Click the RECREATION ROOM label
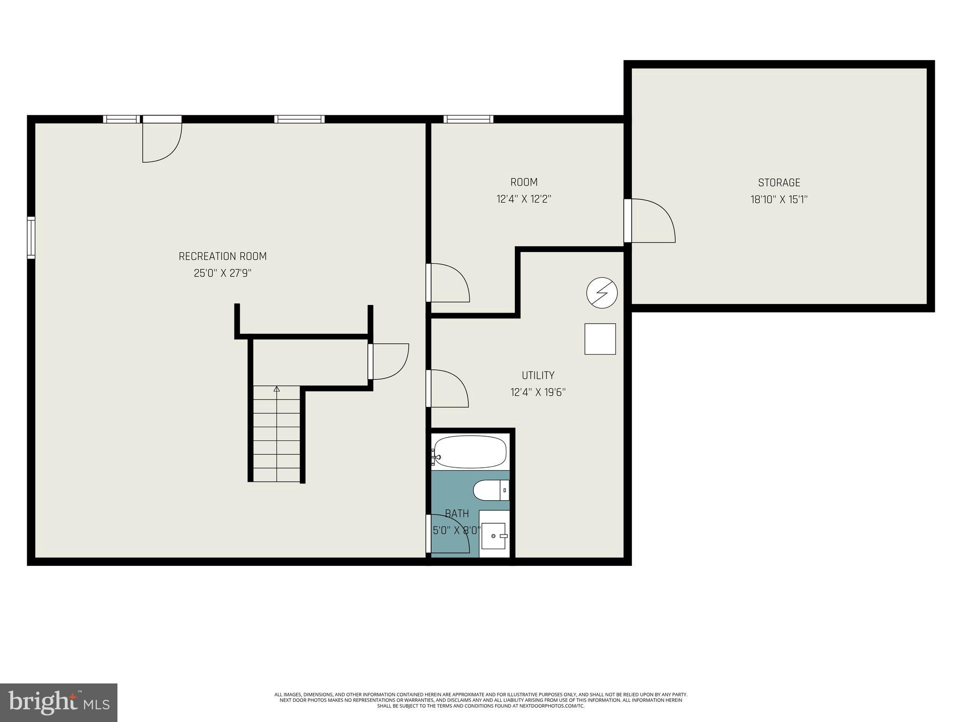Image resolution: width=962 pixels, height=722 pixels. [223, 256]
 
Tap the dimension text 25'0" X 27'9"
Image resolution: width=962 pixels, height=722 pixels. [223, 273]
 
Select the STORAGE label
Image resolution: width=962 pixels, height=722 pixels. [779, 182]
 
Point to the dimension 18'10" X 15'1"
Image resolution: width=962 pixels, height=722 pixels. [779, 199]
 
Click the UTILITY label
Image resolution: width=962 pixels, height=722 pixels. [538, 375]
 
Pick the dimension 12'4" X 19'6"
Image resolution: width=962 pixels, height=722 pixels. [538, 392]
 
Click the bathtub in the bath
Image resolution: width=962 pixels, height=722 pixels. [470, 452]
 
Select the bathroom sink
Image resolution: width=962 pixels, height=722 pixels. [494, 536]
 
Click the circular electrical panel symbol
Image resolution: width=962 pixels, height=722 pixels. [602, 293]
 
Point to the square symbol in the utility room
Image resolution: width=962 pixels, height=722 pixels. [600, 339]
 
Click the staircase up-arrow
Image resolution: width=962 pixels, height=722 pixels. [277, 389]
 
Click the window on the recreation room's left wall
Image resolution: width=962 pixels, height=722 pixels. [31, 237]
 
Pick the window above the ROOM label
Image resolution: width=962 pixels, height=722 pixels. [468, 119]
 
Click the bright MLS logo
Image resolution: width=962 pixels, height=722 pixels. [59, 703]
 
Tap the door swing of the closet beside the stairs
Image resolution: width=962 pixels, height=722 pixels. [389, 361]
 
